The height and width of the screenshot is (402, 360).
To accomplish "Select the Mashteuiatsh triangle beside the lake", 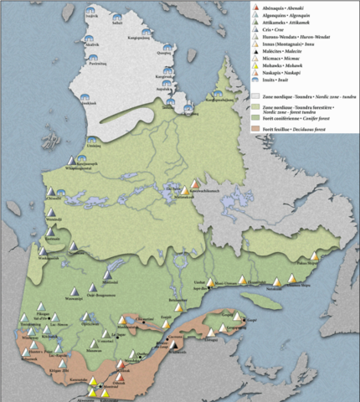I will point(131,320).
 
